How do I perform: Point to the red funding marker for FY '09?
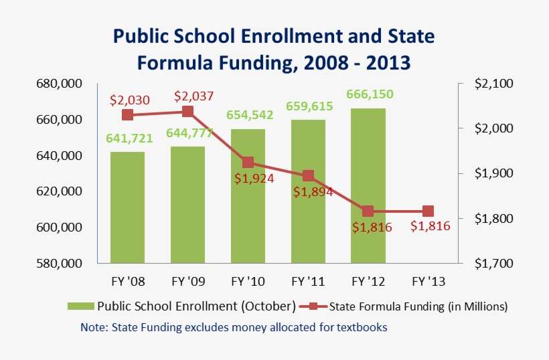(x=187, y=112)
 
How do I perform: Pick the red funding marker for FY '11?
(x=308, y=176)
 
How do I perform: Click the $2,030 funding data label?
(x=127, y=100)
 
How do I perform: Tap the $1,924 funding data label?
(x=250, y=179)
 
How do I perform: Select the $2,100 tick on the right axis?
(x=493, y=84)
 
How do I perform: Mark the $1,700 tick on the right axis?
(x=493, y=263)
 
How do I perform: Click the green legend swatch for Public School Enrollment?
(x=81, y=306)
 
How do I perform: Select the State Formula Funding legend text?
(x=419, y=306)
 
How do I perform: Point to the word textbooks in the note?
(x=362, y=327)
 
